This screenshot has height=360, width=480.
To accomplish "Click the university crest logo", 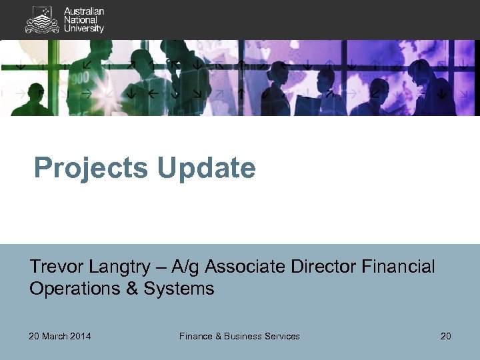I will [41, 20].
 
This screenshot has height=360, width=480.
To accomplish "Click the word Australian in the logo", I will [84, 11].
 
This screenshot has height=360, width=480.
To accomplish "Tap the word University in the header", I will [84, 29].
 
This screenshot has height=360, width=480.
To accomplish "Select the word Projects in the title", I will [93, 169].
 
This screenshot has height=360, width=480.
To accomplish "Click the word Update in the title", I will [207, 168].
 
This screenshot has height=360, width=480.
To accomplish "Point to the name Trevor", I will [53, 267].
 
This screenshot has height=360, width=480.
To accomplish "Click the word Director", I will [325, 267].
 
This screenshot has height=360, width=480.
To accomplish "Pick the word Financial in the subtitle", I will [399, 267].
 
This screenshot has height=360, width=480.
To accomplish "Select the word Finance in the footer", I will [195, 336].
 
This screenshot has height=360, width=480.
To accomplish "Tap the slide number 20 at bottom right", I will [445, 336].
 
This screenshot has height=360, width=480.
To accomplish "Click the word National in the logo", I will [80, 20].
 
